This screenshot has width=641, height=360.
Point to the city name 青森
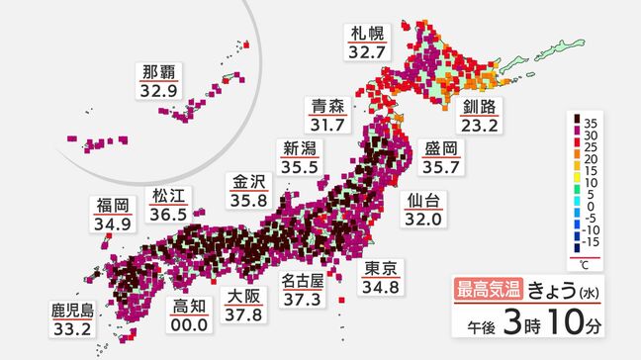click(x=327, y=104)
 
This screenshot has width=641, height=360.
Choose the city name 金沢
click(x=248, y=181)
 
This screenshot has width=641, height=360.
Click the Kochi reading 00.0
click(x=187, y=323)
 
